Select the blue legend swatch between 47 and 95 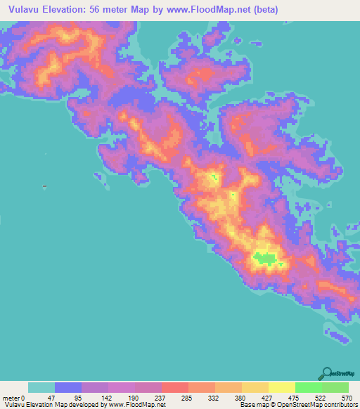68,387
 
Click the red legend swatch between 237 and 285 174,387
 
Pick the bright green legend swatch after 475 308,387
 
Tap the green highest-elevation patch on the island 265,258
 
